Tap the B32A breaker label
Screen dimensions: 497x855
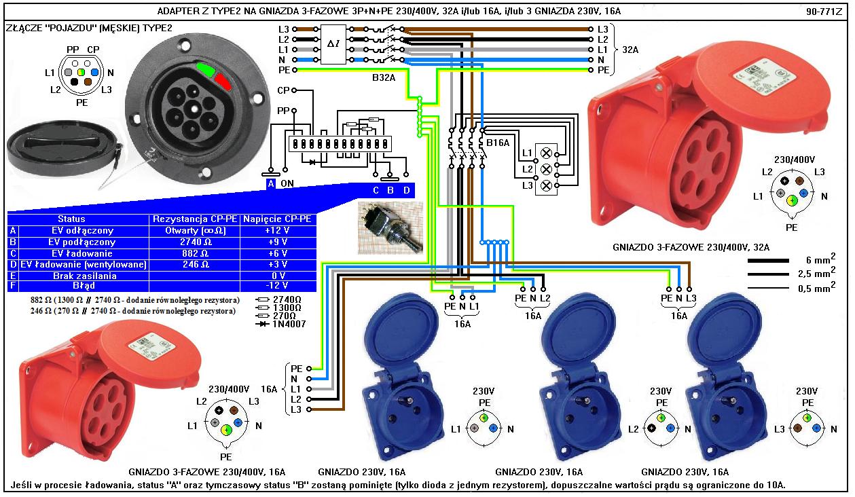click(384, 77)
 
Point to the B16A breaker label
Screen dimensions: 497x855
click(498, 143)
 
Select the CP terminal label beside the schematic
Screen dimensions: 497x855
click(284, 90)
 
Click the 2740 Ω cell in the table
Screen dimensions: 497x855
click(195, 242)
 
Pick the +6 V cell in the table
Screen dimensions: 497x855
click(276, 253)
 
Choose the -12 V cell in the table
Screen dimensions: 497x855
click(276, 287)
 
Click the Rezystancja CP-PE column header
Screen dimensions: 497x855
click(195, 219)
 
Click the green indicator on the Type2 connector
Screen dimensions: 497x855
click(206, 69)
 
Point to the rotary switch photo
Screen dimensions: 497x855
click(389, 229)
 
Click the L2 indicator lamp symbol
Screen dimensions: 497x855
click(546, 169)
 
